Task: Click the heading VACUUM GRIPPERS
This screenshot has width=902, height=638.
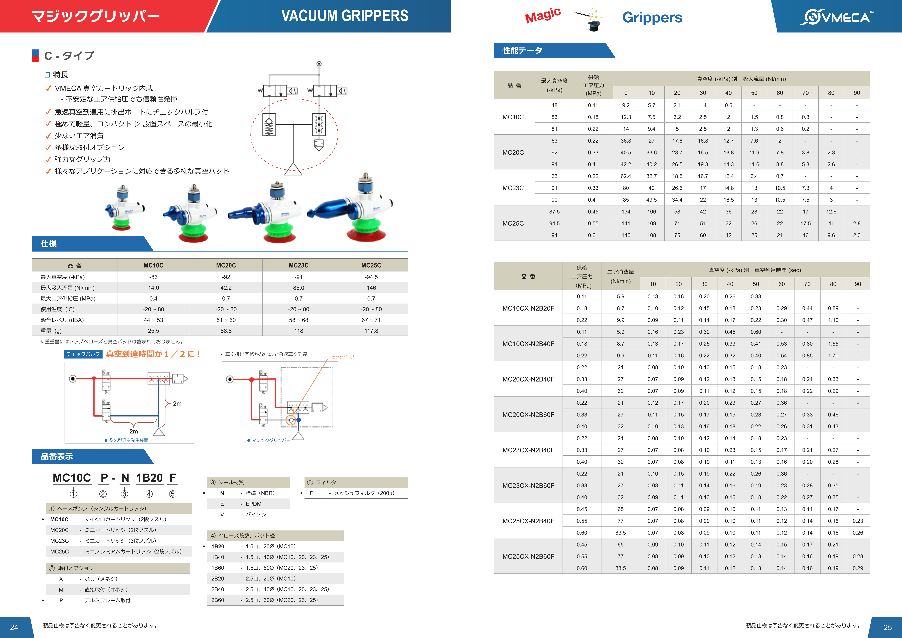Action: click(x=345, y=16)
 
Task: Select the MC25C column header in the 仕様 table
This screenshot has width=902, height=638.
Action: click(x=371, y=265)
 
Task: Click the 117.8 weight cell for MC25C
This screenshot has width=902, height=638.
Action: click(x=371, y=331)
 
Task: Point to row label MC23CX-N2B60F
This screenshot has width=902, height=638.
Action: click(x=528, y=486)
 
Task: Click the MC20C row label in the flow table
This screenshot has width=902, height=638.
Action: click(x=513, y=152)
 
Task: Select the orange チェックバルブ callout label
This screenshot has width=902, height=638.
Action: click(x=341, y=357)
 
